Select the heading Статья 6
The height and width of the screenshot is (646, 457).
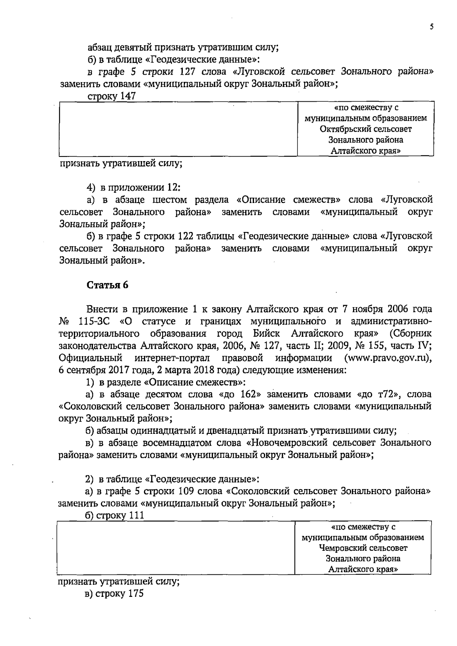(108, 285)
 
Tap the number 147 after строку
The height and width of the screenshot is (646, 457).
(128, 96)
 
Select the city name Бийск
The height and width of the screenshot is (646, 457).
(266, 334)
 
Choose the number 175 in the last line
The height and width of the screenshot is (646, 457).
(136, 594)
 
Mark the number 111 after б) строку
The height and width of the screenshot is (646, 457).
(136, 515)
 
